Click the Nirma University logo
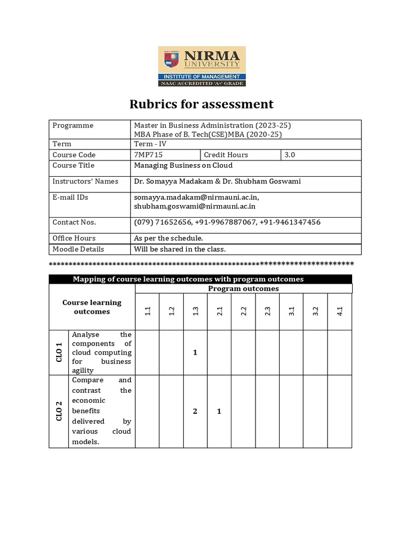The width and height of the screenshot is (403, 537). (x=201, y=66)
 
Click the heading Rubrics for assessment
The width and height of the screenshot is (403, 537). (x=201, y=104)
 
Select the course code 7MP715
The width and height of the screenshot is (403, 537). (x=149, y=155)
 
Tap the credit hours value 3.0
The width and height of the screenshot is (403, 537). (x=290, y=155)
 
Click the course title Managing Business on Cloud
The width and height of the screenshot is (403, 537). (x=183, y=165)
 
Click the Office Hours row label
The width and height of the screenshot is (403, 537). (x=74, y=238)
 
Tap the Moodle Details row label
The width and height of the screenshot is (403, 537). (x=78, y=249)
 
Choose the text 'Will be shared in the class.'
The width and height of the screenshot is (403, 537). (x=179, y=249)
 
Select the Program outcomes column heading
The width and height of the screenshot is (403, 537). (x=243, y=288)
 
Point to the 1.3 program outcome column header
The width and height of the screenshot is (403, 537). (x=196, y=311)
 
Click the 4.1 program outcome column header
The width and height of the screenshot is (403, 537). (x=340, y=311)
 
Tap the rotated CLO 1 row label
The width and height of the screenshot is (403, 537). (x=59, y=352)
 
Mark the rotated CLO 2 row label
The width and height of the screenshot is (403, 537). (x=59, y=411)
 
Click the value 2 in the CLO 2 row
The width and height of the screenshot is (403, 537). (x=195, y=411)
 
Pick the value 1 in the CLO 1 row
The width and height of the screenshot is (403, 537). (x=195, y=352)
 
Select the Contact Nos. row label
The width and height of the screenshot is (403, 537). (x=74, y=222)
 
